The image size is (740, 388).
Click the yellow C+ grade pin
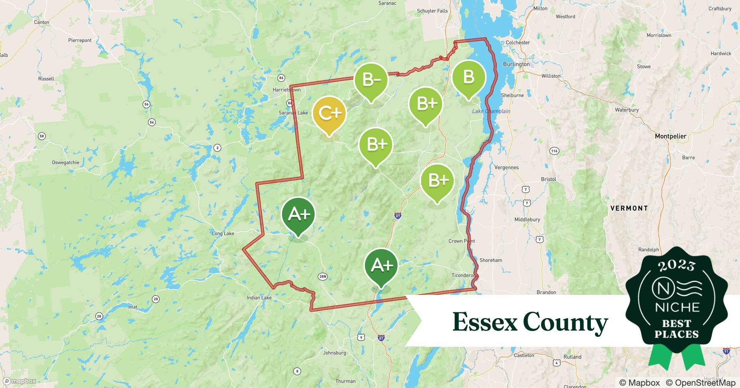pyautogui.click(x=329, y=113)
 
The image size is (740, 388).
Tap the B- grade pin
pyautogui.click(x=371, y=80)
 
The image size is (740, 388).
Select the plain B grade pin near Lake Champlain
pyautogui.click(x=468, y=77)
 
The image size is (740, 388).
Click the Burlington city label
pyautogui.click(x=516, y=64)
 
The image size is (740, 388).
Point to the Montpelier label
pyautogui.click(x=670, y=136)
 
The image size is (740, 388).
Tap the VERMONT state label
pyautogui.click(x=629, y=208)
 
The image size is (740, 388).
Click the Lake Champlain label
pyautogui.click(x=491, y=111)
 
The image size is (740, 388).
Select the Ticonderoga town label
pyautogui.click(x=464, y=275)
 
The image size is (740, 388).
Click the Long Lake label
pyautogui.click(x=223, y=234)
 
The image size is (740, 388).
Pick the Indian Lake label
pyautogui.click(x=259, y=298)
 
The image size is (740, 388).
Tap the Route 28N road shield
pyautogui.click(x=322, y=277)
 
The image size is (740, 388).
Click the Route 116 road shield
pyautogui.click(x=554, y=151)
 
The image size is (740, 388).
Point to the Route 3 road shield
pyautogui.click(x=218, y=147)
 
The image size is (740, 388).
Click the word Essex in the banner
pyautogui.click(x=485, y=322)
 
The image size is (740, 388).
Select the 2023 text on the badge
pyautogui.click(x=676, y=266)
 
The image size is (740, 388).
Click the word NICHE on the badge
pyautogui.click(x=677, y=308)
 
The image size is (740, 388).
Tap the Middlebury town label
pyautogui.click(x=527, y=220)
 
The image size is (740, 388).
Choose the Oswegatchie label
pyautogui.click(x=65, y=163)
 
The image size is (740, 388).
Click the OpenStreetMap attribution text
pyautogui.click(x=700, y=383)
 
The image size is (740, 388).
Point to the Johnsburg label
pyautogui.click(x=334, y=353)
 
